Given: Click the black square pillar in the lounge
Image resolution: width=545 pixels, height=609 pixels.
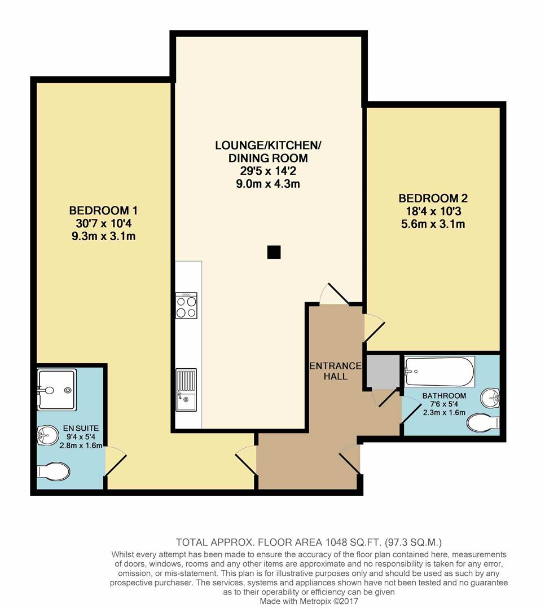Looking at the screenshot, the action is pyautogui.click(x=274, y=252).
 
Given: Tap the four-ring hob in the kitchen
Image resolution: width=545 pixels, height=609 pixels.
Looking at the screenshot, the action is pyautogui.click(x=186, y=305).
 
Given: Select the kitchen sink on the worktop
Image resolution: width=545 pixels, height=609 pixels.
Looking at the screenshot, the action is pyautogui.click(x=186, y=390).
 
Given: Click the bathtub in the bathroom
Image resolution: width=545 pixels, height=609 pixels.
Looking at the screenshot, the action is pyautogui.click(x=439, y=372).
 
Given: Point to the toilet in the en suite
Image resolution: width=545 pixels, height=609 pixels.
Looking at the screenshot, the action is pyautogui.click(x=53, y=471).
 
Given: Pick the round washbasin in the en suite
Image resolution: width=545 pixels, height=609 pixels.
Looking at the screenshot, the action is pyautogui.click(x=48, y=435).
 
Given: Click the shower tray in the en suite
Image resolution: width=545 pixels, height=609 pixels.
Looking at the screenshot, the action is pyautogui.click(x=57, y=389).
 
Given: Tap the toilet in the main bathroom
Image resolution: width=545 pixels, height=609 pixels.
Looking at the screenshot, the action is pyautogui.click(x=483, y=422).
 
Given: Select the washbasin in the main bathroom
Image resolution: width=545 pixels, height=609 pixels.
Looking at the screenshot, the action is pyautogui.click(x=490, y=398).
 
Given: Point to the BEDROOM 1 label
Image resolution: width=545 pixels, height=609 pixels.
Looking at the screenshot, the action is pyautogui.click(x=103, y=210).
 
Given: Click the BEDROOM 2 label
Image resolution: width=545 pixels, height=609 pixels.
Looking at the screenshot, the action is pyautogui.click(x=433, y=198).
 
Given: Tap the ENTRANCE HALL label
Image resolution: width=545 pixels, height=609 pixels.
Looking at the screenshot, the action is pyautogui.click(x=336, y=371).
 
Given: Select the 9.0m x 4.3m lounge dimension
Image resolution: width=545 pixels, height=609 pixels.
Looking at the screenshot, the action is pyautogui.click(x=268, y=184).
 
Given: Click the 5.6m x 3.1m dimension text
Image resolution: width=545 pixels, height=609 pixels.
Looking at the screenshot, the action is pyautogui.click(x=433, y=224).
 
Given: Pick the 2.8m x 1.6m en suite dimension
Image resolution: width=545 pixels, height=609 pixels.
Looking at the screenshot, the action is pyautogui.click(x=81, y=445).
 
